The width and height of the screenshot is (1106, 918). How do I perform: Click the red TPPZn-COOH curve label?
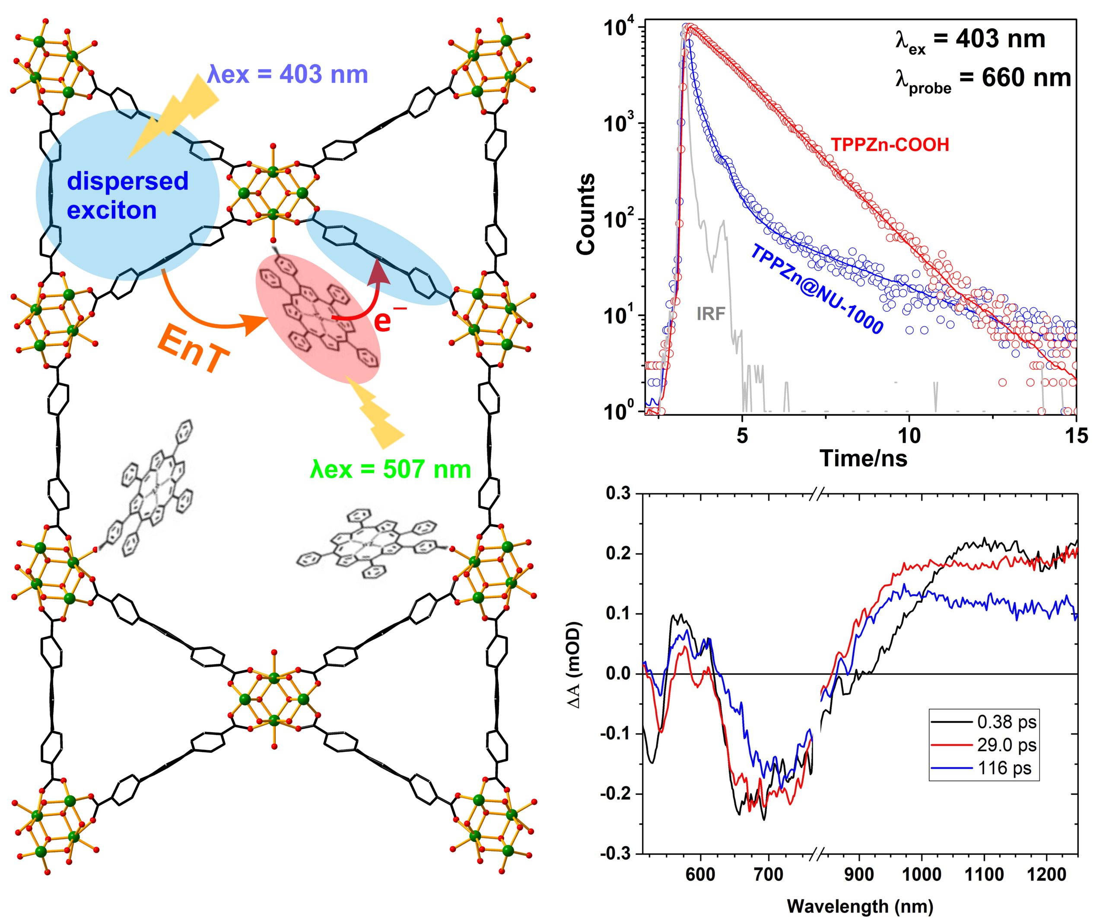coord(890,144)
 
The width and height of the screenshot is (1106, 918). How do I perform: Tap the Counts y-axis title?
coord(586,214)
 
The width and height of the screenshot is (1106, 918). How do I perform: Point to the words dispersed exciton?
coord(127,195)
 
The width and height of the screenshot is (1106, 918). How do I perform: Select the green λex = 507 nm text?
coord(390,469)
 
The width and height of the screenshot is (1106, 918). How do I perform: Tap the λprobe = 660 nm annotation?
coord(983,79)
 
